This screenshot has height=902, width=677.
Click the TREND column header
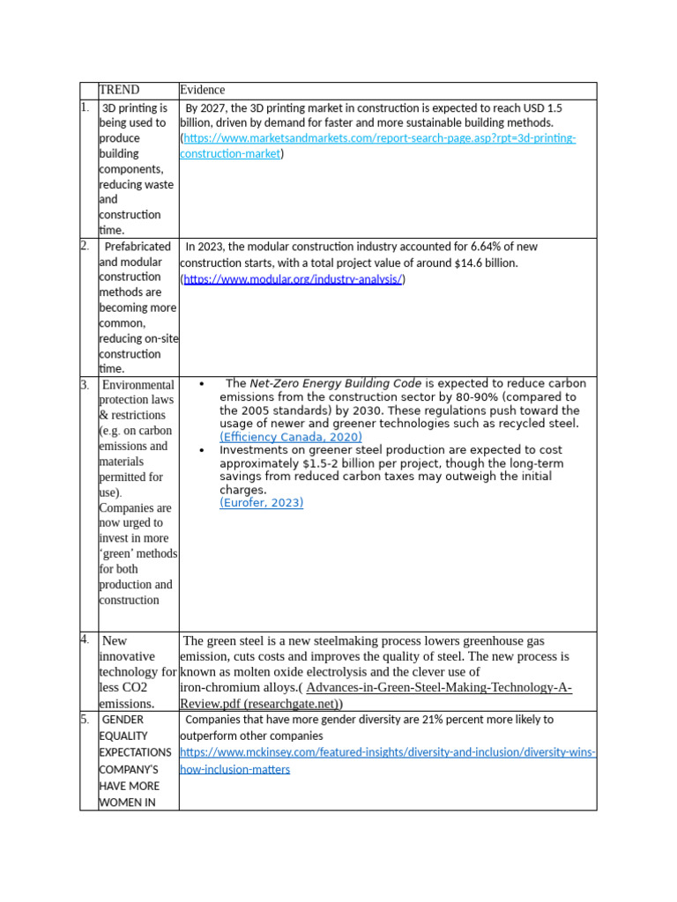point(119,90)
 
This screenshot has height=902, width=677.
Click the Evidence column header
point(203,90)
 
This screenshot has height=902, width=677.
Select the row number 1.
point(85,107)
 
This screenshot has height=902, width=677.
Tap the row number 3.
point(85,385)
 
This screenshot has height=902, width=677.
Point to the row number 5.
point(85,720)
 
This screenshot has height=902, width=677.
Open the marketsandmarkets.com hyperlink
point(379,138)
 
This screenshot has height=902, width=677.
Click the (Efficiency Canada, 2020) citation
point(291,437)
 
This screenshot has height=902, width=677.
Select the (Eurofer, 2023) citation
point(261,503)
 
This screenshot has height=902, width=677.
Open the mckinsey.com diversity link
point(388,752)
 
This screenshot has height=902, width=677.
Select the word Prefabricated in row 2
point(138,247)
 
